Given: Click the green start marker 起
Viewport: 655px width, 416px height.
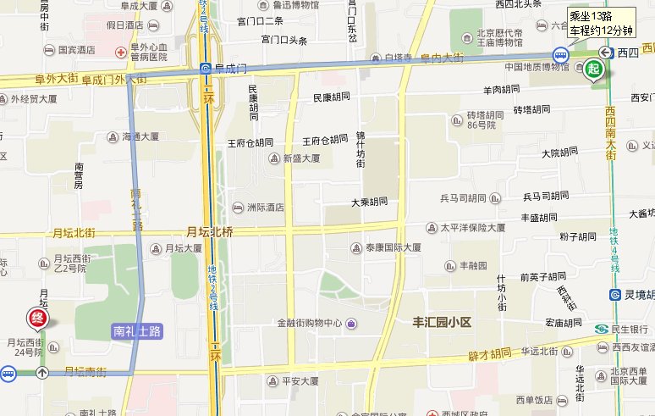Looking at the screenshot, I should click(x=595, y=69).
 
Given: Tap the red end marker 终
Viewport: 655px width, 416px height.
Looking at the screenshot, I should click(x=38, y=319).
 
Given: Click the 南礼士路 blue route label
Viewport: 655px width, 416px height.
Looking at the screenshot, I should click(x=137, y=331).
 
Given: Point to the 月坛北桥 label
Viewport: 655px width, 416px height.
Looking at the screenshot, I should click(x=210, y=231).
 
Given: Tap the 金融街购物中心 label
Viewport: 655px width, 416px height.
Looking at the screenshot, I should click(x=310, y=323).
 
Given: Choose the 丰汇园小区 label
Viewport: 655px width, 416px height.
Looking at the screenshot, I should click(x=441, y=323).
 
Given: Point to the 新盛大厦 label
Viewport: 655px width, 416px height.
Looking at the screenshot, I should click(x=301, y=158).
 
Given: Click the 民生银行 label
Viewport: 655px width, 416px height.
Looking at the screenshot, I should click(x=631, y=329).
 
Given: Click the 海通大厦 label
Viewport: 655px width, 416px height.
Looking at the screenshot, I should click(x=140, y=136).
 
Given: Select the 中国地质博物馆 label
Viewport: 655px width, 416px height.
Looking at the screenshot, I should click(x=537, y=67).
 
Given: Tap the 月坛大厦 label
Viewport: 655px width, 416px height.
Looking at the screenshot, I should click(x=183, y=248).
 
